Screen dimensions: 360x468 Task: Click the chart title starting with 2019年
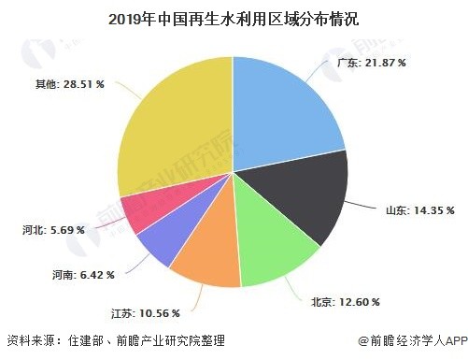[234, 19]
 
